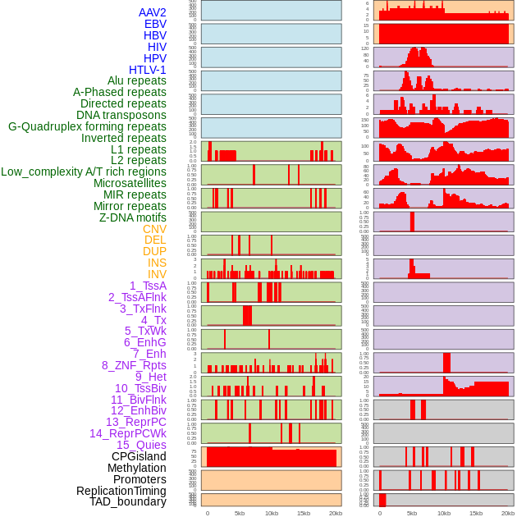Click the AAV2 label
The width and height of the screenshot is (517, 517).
[x=152, y=12]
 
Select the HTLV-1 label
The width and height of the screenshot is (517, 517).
[x=147, y=70]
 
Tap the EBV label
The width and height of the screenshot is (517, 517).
[x=155, y=24]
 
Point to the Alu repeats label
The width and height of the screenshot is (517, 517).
[x=136, y=80]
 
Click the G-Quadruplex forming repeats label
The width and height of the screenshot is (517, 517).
[x=87, y=126]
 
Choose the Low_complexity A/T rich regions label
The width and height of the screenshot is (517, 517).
[x=84, y=172]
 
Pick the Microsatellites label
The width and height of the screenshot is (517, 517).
[x=130, y=183]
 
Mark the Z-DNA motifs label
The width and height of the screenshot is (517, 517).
[x=132, y=217]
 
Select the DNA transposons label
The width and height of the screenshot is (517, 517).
[x=121, y=115]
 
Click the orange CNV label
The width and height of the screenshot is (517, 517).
[x=154, y=229]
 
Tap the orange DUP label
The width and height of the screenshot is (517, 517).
[x=154, y=251]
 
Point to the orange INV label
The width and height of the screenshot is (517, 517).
[x=157, y=274]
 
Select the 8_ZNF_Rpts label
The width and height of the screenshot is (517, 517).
[x=134, y=365]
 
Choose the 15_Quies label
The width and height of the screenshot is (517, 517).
[x=140, y=445]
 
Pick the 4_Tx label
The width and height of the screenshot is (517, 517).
[x=153, y=320]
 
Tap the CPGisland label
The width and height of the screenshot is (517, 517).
[x=139, y=456]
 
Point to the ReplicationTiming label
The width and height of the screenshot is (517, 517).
[x=121, y=491]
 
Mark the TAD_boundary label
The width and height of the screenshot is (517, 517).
[x=127, y=501]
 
